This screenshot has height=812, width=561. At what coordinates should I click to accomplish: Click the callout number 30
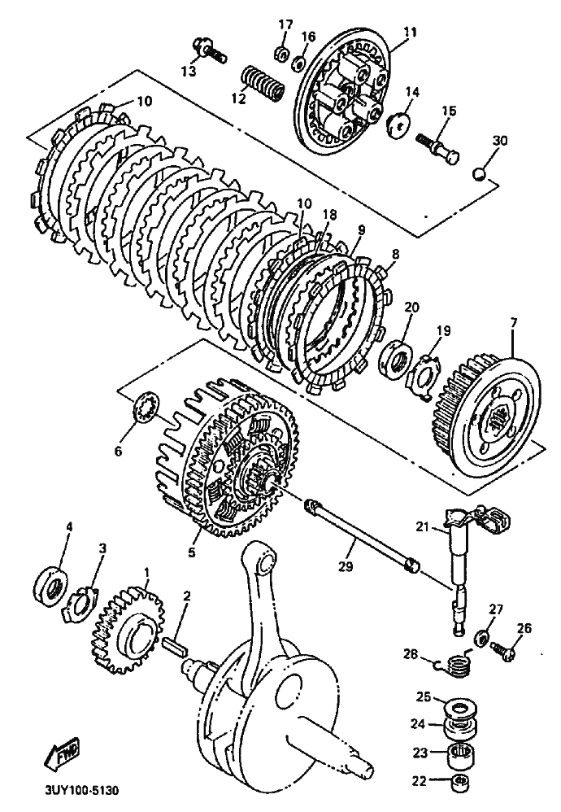point(499,140)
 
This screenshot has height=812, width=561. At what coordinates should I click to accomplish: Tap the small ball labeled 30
point(481,172)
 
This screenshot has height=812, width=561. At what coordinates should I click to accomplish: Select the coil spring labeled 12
point(263,83)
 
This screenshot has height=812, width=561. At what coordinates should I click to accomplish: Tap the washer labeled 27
point(481,636)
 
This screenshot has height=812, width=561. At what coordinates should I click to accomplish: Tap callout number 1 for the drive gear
point(146,573)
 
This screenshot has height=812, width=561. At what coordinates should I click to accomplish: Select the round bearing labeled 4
point(51,583)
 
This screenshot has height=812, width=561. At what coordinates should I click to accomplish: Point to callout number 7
point(513,325)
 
